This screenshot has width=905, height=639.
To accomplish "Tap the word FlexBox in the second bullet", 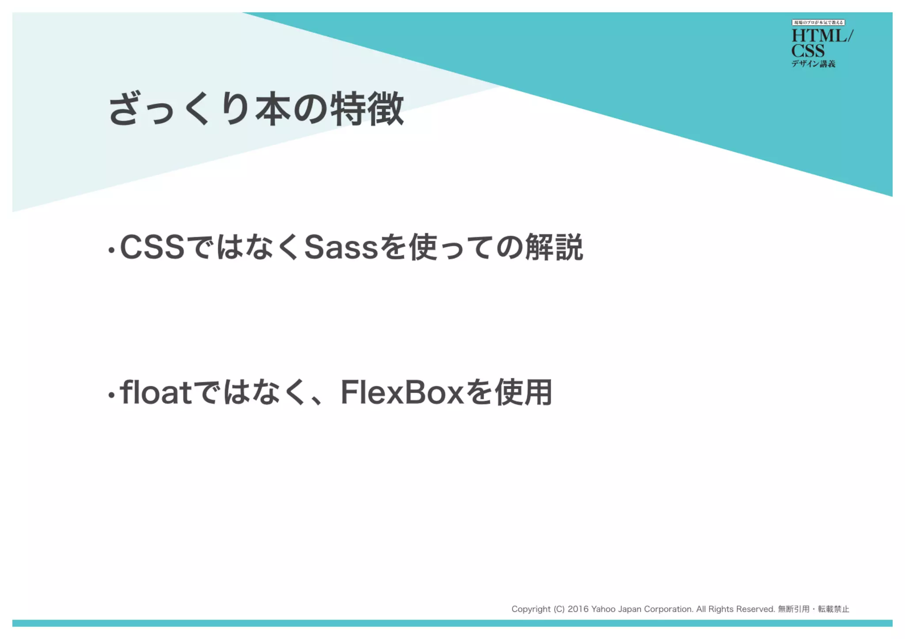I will coord(402,392).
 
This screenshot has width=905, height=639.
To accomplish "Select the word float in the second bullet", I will coord(156,392).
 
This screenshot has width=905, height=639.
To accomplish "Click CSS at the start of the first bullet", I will coord(152,247).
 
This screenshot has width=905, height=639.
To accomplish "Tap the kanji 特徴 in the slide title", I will coord(367,109).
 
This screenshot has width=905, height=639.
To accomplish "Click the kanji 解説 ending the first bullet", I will coord(554,247).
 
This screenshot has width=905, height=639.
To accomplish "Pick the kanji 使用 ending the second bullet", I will coord(523,392).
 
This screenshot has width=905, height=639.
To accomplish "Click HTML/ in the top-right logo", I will coord(822,36).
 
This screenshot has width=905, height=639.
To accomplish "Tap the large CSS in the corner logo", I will coord(808,50).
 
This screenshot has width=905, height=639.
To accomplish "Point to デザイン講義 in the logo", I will coord(813,64).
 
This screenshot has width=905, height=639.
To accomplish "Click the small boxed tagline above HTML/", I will coord(818,23).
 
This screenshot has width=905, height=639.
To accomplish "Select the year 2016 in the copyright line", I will coord(578,609).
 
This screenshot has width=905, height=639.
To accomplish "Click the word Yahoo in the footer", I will coord(603,609).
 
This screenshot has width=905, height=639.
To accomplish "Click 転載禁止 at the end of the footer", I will coord(833,609).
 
